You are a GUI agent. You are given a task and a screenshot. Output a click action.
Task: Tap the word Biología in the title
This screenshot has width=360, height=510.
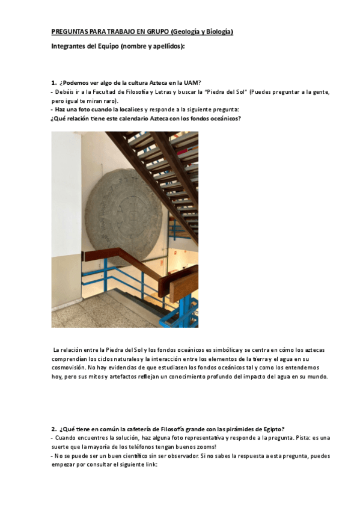pyautogui.click(x=218, y=31)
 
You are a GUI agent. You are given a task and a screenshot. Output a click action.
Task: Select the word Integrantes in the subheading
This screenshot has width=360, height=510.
pyautogui.click(x=69, y=46)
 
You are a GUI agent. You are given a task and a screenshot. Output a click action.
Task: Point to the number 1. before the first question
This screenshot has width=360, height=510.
pyautogui.click(x=53, y=82)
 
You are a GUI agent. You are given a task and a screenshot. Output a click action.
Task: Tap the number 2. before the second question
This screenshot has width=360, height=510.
pyautogui.click(x=53, y=429)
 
